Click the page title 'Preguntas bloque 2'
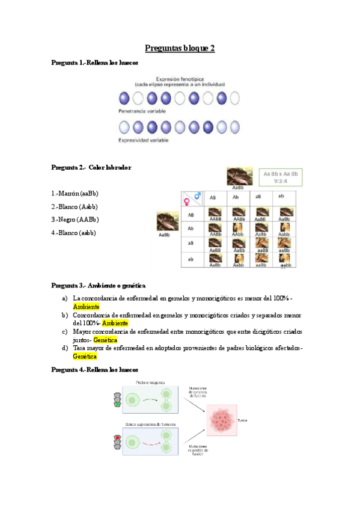click(x=180, y=49)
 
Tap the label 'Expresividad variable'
click(x=143, y=140)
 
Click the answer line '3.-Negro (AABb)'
click(x=75, y=220)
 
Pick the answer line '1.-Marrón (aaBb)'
click(x=75, y=193)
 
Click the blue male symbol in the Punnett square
click(x=195, y=194)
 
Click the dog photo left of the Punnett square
click(x=166, y=221)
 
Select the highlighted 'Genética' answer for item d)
click(x=85, y=356)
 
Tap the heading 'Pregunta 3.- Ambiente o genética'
click(x=99, y=285)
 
